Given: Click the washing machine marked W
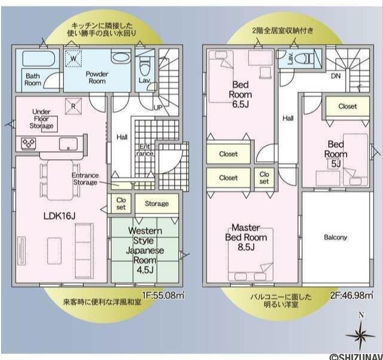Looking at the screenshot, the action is coord(73,58).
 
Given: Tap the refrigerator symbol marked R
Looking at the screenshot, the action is coord(73,107).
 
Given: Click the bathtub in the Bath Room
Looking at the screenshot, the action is coord(39,58).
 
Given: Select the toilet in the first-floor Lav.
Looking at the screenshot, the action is coord(145,66).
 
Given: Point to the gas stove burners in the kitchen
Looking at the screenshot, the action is coord(28,143).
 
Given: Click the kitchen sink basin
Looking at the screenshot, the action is coord(68,144).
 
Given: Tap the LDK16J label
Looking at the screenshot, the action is coord(59,216).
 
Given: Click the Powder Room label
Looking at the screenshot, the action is coord(97,77).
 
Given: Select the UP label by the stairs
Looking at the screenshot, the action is coord(157,108).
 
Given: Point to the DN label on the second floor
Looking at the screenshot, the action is coord(336,76).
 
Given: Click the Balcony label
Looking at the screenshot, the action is coord(335,237).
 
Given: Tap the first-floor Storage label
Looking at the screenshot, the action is coord(156,204).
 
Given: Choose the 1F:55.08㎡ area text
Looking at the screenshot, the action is coord(163,295).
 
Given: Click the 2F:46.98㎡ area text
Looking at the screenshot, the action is coord(352,295).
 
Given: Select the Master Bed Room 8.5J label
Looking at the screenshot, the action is coord(246,237).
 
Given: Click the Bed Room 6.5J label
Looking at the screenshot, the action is coord(240,94).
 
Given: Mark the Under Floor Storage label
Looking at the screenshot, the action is coord(41,119).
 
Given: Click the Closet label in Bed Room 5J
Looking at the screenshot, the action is coord(348,106).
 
